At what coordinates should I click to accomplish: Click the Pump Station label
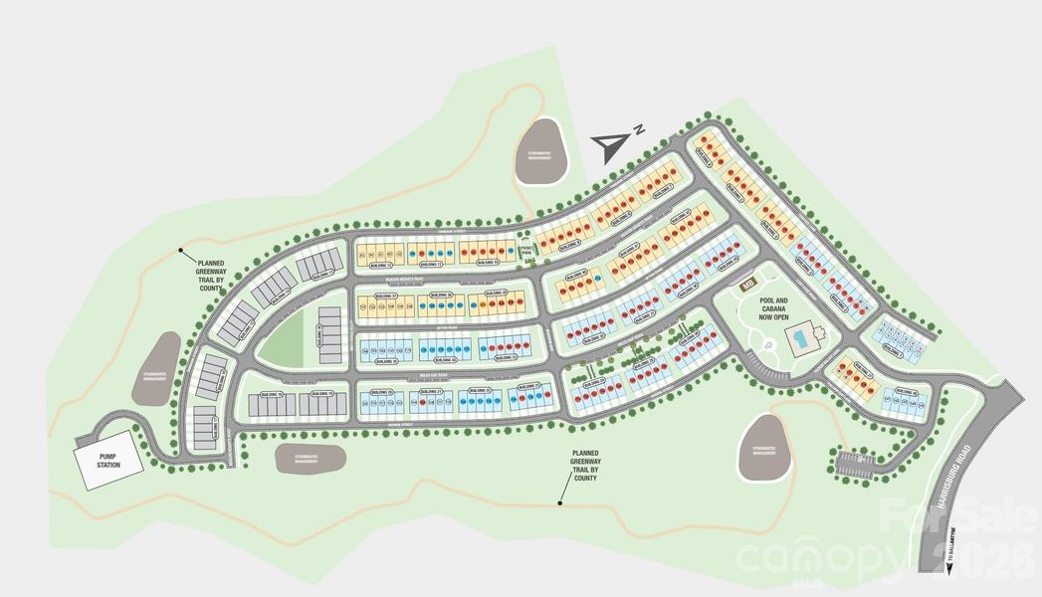click(108, 461)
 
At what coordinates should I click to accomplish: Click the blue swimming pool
click(800, 340)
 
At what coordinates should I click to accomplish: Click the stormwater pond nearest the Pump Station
click(154, 369)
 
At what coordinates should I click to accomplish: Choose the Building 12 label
click(381, 265)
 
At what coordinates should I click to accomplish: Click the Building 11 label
click(431, 264)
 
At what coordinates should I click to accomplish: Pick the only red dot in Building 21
click(422, 402)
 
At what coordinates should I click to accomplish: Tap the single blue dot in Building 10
click(511, 251)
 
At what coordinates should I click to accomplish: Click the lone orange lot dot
click(483, 304)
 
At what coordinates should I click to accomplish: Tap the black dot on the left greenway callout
click(180, 250)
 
